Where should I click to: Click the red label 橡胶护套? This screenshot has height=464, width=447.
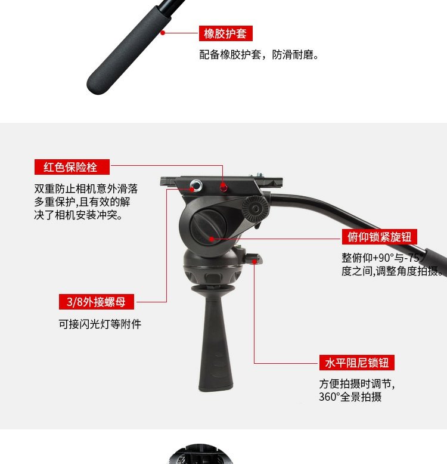point(225,33)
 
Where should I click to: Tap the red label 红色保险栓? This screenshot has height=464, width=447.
point(72,167)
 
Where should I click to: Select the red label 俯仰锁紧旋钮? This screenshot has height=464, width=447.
point(379,237)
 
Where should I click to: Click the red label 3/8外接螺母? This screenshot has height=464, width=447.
point(97,302)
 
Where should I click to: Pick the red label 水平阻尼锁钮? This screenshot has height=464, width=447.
point(357,363)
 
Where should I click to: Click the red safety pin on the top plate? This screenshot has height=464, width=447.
point(223,187)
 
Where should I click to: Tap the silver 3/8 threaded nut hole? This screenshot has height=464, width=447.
point(196,186)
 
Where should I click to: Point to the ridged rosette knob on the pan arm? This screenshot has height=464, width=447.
point(255,209)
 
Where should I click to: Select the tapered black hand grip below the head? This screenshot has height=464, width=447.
point(216,338)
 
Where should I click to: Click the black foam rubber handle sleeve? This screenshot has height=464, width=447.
point(129,50)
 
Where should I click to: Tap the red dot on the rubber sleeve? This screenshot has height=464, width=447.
point(163,33)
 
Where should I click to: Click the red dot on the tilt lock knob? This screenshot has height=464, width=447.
point(212,239)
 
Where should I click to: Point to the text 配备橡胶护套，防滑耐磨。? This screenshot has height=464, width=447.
point(259,55)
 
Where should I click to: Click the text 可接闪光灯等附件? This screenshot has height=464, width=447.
point(100,324)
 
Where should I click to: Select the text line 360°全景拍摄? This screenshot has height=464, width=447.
point(350,397)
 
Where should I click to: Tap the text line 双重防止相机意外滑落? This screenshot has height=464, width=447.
point(86,188)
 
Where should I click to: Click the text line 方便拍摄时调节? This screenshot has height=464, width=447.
point(357,384)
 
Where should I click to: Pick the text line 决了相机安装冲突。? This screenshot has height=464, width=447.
point(78,215)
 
